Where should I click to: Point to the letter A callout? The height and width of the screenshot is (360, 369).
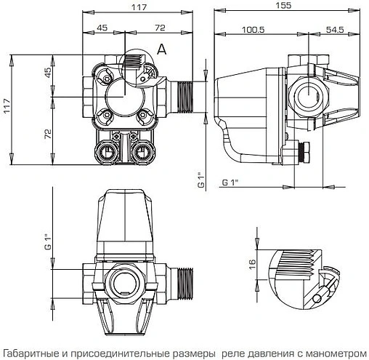[162, 49]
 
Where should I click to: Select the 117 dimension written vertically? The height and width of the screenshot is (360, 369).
[9, 103]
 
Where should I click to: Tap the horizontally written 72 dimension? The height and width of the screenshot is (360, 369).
[159, 28]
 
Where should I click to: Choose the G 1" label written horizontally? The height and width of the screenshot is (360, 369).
[231, 180]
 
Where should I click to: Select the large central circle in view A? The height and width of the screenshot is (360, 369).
[121, 94]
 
